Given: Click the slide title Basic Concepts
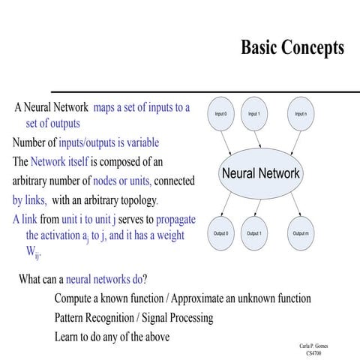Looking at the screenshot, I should pyautogui.click(x=292, y=47).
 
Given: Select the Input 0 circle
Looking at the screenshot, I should pyautogui.click(x=220, y=114).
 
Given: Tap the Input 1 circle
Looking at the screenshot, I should pyautogui.click(x=253, y=114).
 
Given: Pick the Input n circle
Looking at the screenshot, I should pyautogui.click(x=300, y=114).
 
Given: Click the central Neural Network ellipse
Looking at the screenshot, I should pyautogui.click(x=260, y=173).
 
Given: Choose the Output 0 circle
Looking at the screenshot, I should pyautogui.click(x=220, y=233).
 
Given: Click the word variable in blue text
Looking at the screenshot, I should pyautogui.click(x=140, y=142).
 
